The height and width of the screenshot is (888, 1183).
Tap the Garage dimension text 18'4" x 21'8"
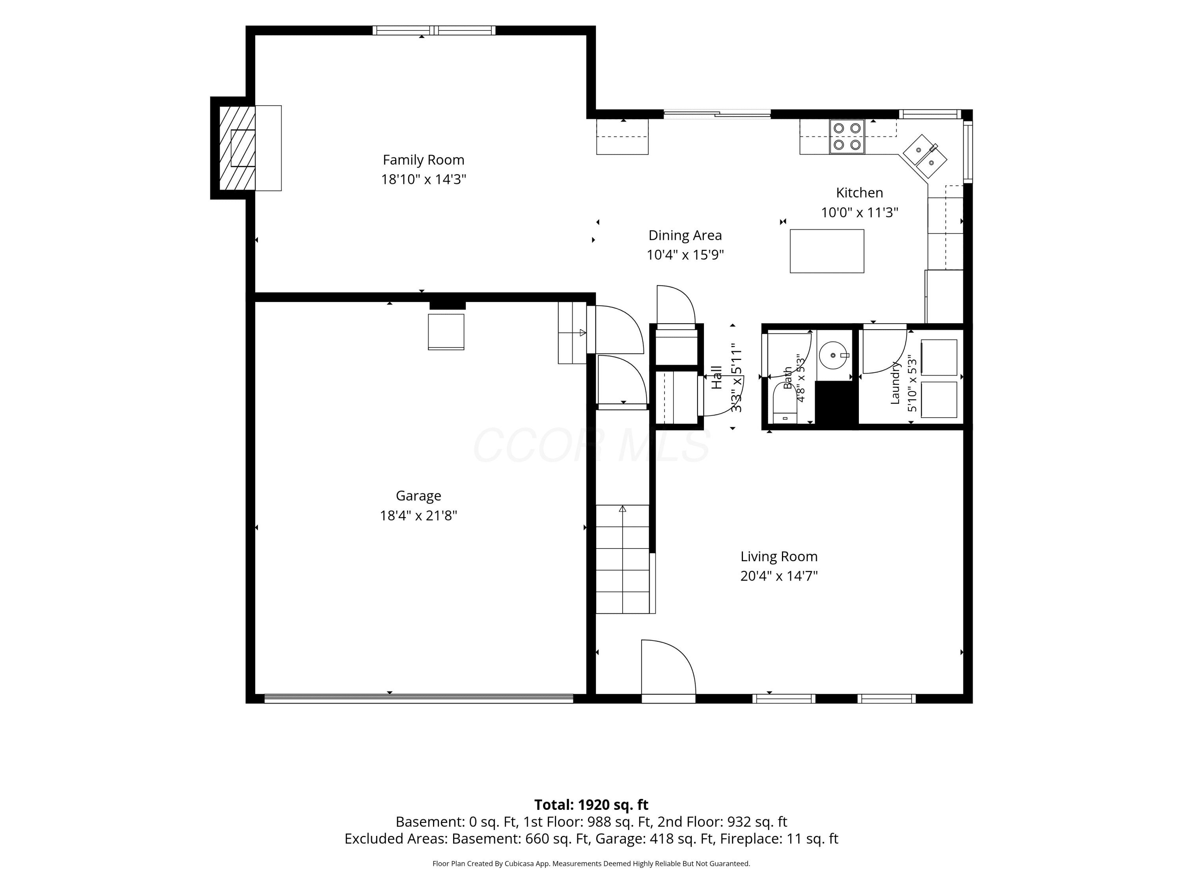(418, 515)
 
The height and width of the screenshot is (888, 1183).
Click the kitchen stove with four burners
(847, 137)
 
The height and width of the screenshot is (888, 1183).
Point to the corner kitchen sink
(925, 156)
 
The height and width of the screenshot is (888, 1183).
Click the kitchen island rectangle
(827, 251)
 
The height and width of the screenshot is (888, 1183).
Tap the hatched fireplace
(237, 148)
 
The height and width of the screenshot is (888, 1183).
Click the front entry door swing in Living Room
(668, 667)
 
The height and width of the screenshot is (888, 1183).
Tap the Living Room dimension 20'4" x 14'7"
(779, 576)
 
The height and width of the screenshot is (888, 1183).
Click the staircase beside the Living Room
(623, 559)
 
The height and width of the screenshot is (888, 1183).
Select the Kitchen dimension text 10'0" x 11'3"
(859, 212)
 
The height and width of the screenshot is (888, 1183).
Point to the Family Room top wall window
(434, 30)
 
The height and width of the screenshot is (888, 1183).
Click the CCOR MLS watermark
(591, 445)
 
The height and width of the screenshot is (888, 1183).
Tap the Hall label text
(717, 377)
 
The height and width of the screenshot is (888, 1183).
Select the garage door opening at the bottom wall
(419, 699)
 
